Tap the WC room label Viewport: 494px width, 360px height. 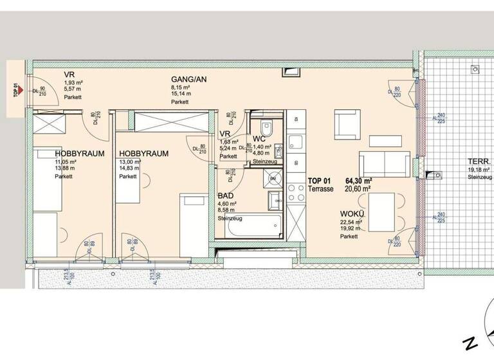click(x=259, y=138)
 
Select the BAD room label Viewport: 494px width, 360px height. click(x=226, y=195)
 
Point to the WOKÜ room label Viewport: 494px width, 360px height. click(x=352, y=215)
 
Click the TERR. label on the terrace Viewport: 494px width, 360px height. click(x=479, y=161)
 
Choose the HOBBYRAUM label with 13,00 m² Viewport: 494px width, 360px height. click(x=143, y=154)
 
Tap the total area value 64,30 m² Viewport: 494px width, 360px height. click(x=360, y=181)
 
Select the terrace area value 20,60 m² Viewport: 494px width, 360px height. click(x=358, y=189)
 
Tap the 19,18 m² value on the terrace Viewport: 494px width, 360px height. click(x=479, y=170)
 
